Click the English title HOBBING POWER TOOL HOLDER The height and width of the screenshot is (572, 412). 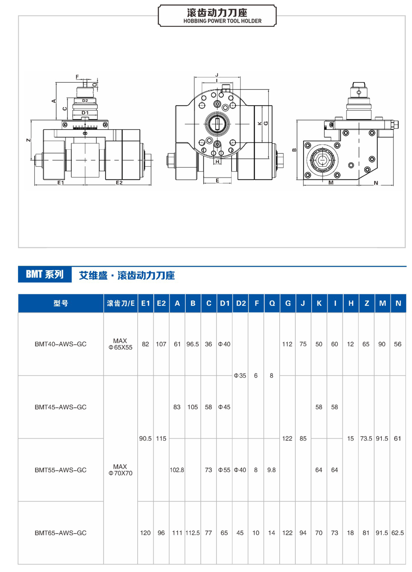pos(222,21)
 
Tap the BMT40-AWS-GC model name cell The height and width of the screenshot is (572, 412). pos(61,344)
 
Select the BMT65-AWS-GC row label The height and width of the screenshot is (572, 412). pos(61,533)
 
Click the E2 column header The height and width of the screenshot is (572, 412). pos(161,304)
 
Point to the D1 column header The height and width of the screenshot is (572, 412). pos(225,304)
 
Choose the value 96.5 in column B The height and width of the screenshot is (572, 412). pos(192,344)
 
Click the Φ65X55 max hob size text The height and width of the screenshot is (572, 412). pos(120,347)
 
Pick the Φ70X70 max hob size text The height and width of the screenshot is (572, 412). pos(120,473)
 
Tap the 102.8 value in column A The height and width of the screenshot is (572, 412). pos(177,470)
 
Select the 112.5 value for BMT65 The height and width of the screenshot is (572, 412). pos(192,533)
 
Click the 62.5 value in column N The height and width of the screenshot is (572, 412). pos(398,533)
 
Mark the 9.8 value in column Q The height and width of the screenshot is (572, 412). pos(272,470)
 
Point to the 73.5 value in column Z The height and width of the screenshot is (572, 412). pos(366,438)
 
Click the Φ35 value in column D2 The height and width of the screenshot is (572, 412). pos(240,376)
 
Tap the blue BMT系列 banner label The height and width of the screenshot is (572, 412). pos(44,275)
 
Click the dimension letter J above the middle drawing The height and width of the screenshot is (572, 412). pos(217,75)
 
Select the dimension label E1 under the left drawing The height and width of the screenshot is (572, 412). pos(61,182)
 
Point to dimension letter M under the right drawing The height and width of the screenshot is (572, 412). pos(331,183)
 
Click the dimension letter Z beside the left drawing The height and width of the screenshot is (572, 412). pos(28,140)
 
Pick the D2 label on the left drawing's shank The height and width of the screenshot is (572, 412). pos(85,101)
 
